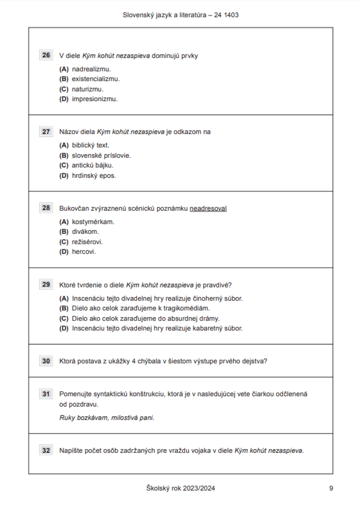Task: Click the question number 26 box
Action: [x=46, y=55]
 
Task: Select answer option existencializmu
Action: [x=95, y=79]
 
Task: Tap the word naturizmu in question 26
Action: [x=87, y=89]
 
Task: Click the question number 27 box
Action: [x=46, y=131]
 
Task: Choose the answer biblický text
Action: [x=90, y=145]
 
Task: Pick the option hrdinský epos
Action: [x=94, y=176]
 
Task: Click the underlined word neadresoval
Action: [x=208, y=209]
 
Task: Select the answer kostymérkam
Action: [x=93, y=222]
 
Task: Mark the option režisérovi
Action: [x=87, y=242]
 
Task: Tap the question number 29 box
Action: [x=46, y=285]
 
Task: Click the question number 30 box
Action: [x=46, y=361]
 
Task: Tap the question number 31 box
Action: [x=46, y=394]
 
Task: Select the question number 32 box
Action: [x=46, y=450]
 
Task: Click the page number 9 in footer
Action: [x=331, y=488]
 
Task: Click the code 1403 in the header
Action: [x=231, y=15]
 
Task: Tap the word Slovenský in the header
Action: [x=136, y=15]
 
